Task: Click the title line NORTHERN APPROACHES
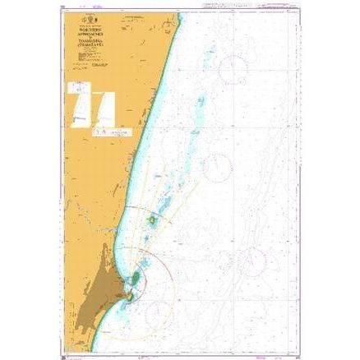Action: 108,38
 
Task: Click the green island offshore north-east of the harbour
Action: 154,222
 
